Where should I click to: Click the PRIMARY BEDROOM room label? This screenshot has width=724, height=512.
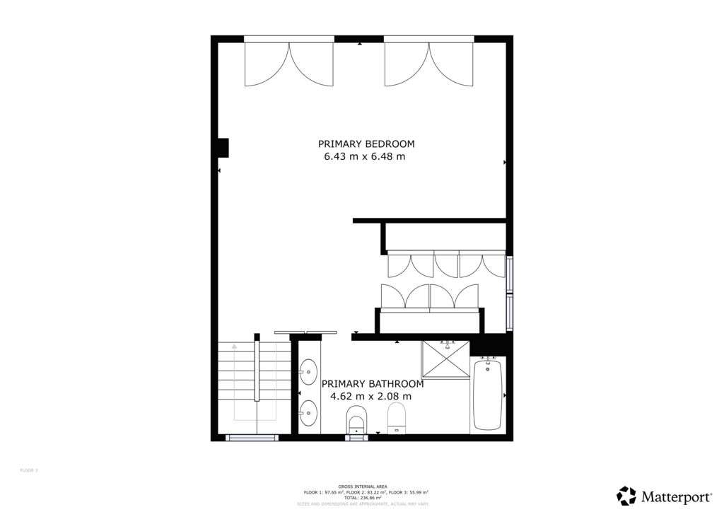click(366, 144)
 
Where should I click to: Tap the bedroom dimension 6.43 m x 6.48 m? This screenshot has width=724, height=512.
click(365, 156)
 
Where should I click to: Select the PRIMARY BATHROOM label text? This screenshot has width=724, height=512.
click(373, 384)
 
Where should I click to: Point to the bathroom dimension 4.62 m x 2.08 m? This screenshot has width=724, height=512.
click(371, 397)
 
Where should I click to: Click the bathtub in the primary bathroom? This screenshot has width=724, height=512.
click(487, 393)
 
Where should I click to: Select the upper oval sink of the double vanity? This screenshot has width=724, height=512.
click(308, 371)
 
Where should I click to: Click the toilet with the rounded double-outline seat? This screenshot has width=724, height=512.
click(356, 419)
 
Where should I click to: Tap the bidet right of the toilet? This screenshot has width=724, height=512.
click(397, 417)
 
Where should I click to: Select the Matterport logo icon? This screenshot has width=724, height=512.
click(626, 496)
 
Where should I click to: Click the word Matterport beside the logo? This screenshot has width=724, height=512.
click(673, 496)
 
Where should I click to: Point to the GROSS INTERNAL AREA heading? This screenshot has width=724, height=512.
click(361, 487)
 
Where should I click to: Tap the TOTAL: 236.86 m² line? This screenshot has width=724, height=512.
click(361, 497)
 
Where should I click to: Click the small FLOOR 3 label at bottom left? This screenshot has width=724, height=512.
click(28, 470)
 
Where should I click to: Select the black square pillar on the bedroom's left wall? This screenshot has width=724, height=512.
click(223, 147)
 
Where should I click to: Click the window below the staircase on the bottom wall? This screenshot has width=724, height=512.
click(252, 438)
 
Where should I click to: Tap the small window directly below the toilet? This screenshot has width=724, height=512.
click(356, 438)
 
